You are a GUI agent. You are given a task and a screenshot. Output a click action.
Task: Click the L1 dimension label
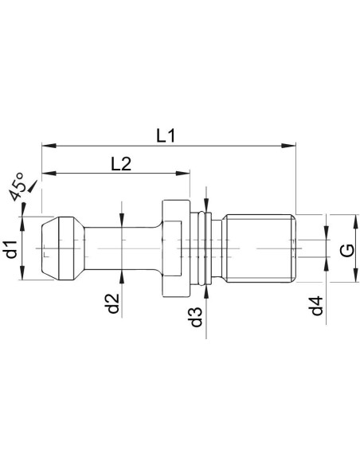[x=166, y=136]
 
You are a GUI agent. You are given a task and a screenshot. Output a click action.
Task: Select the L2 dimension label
[x=121, y=164]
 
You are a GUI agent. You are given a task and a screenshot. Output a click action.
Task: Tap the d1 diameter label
[x=12, y=249]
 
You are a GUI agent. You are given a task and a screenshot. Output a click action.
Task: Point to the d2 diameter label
[x=113, y=303]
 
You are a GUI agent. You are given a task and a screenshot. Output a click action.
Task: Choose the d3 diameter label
[x=196, y=316]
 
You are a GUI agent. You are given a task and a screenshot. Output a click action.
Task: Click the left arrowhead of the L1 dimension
[x=49, y=146]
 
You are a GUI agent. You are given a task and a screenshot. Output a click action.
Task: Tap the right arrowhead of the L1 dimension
[x=288, y=146]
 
